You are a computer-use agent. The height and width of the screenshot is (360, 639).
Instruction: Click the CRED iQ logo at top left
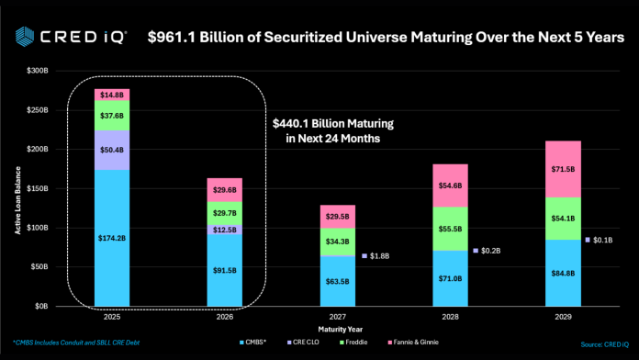tap(64, 37)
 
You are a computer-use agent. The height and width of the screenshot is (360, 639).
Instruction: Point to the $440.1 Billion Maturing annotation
tap(326, 131)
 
